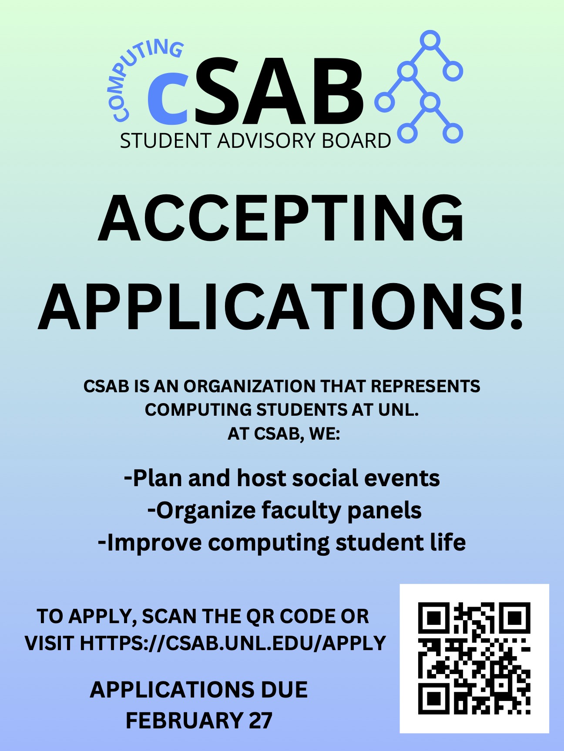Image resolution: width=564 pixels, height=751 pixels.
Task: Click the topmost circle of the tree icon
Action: [430, 40]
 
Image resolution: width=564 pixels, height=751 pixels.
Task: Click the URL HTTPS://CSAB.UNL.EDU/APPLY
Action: [233, 643]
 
